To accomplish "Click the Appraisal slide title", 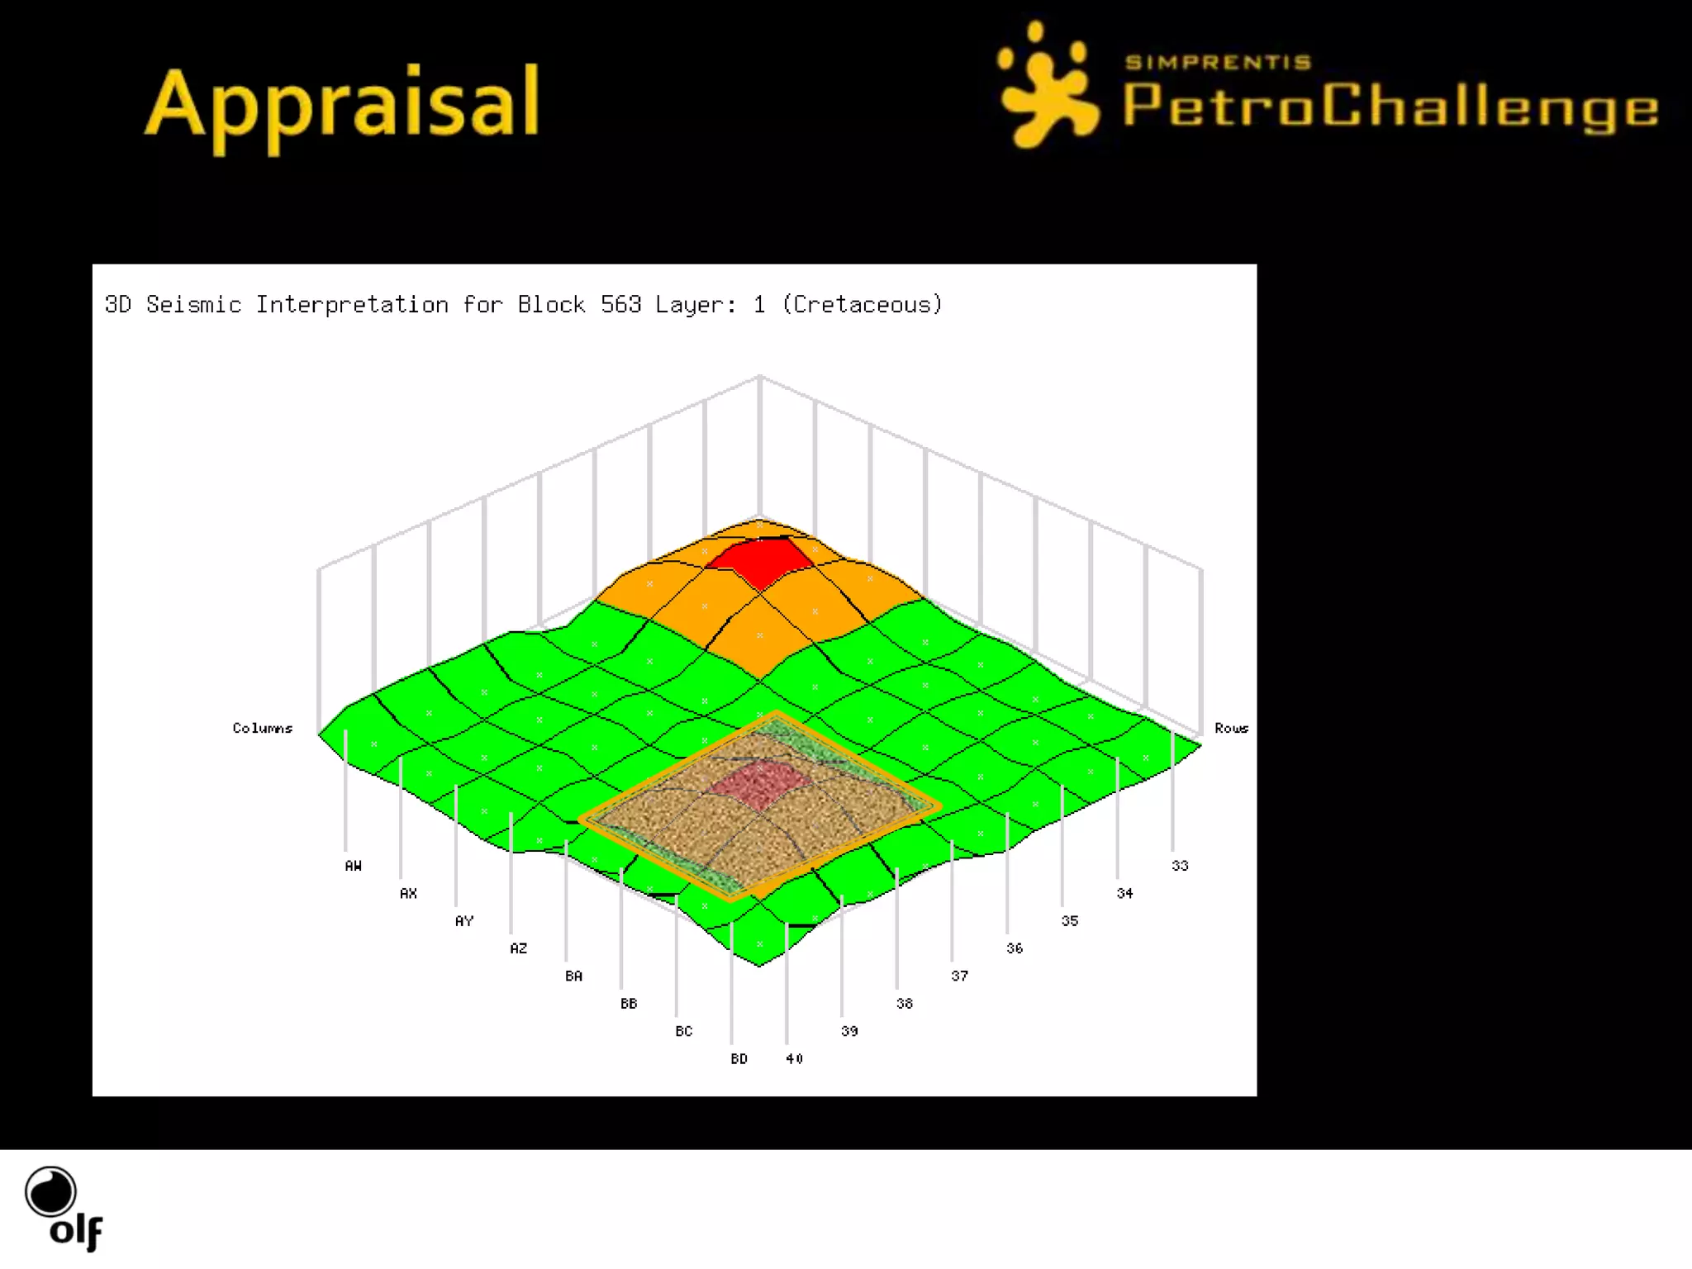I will coord(342,105).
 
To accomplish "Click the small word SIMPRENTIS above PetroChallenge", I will coord(1218,62).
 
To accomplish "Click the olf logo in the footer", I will coord(63,1208).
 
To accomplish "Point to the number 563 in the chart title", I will coord(620,305).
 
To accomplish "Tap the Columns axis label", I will coord(263,728).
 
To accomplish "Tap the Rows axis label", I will coord(1231,728).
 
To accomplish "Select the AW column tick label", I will coord(353,866).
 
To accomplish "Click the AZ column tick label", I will coord(518,948).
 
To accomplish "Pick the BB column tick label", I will coord(629,1004).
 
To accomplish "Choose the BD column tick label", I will coord(739,1059).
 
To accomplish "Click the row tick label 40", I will coord(794,1059).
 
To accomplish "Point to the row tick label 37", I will coord(959,977).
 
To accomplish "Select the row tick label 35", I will coord(1070,921).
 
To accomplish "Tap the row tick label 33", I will coord(1180,866).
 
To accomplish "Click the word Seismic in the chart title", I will coord(193,305).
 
